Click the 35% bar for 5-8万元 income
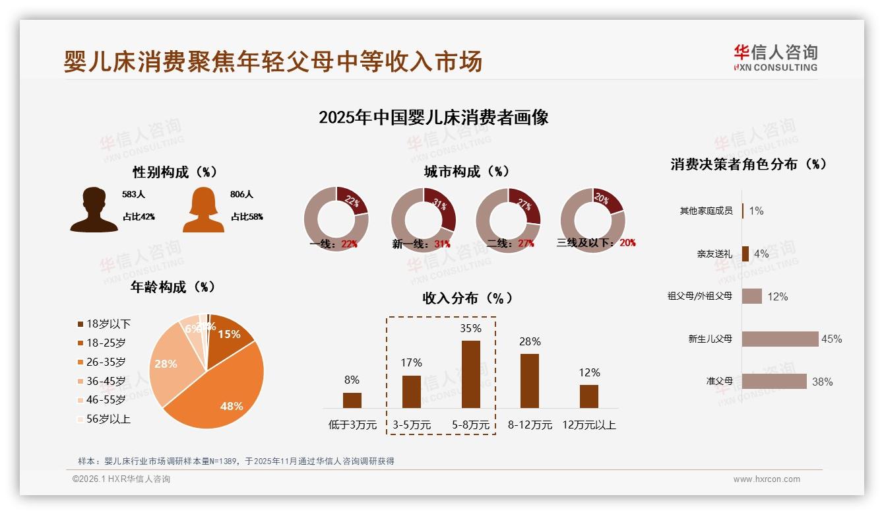click(x=470, y=374)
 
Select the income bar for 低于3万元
click(x=352, y=400)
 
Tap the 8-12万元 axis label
click(x=530, y=425)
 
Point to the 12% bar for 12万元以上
click(x=589, y=396)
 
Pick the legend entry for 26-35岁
click(x=102, y=362)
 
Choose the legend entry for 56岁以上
click(x=104, y=419)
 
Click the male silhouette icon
click(x=94, y=209)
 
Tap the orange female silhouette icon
click(x=203, y=209)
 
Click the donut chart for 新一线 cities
click(x=423, y=220)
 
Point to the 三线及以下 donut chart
click(x=592, y=220)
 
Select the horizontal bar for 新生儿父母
click(x=780, y=339)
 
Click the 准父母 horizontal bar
click(x=774, y=381)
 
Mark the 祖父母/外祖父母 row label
click(x=700, y=296)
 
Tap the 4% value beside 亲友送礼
click(x=761, y=254)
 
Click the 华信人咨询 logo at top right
click(x=775, y=57)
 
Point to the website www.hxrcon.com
click(x=767, y=479)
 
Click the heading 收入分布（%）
click(x=467, y=298)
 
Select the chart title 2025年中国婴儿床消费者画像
click(x=433, y=118)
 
